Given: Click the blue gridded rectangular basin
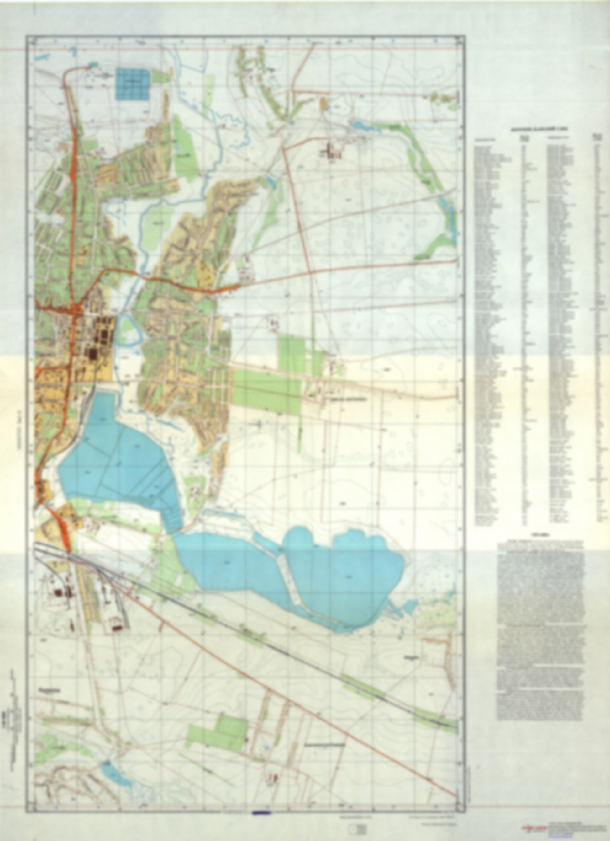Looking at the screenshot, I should [134, 84].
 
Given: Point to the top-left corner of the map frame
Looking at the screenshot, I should [26, 36].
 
